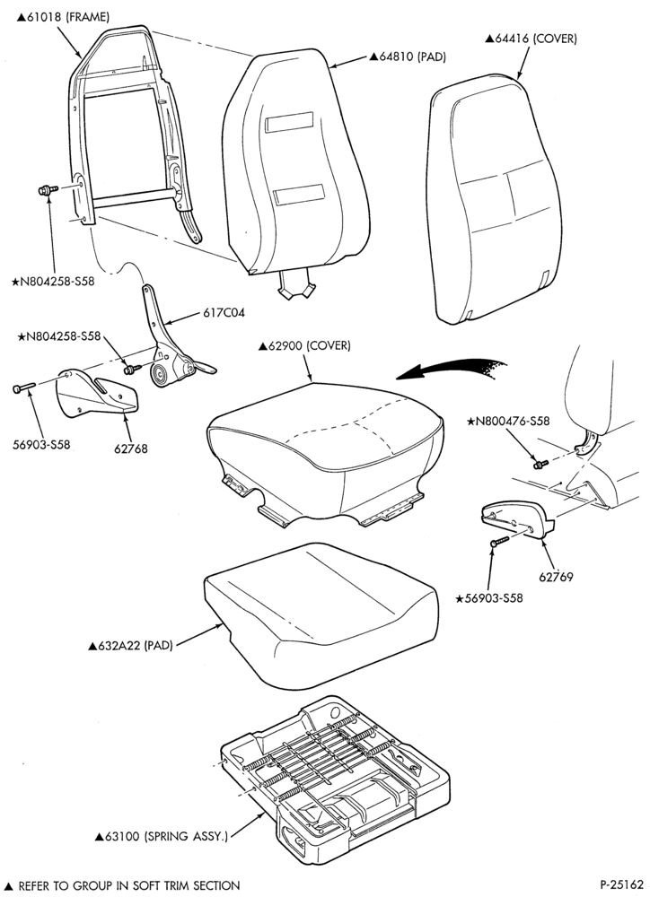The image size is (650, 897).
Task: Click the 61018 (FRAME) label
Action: coord(63,16)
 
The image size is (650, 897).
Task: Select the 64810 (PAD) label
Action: coord(408,56)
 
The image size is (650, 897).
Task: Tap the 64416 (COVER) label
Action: coord(531,39)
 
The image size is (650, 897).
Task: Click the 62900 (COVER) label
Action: coord(304,345)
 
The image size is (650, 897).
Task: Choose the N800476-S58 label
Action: coord(508,421)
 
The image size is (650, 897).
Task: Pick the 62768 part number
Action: coord(130,448)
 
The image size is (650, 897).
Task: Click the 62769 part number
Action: coord(556,577)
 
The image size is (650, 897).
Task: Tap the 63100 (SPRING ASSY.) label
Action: coord(162,836)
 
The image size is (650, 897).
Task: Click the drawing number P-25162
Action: coord(622,884)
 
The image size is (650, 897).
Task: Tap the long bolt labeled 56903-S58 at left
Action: coord(24,388)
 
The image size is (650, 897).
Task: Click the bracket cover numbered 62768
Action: coord(97,394)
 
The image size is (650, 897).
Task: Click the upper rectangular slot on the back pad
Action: coord(290,122)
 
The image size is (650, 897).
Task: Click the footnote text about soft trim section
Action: coord(122,885)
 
